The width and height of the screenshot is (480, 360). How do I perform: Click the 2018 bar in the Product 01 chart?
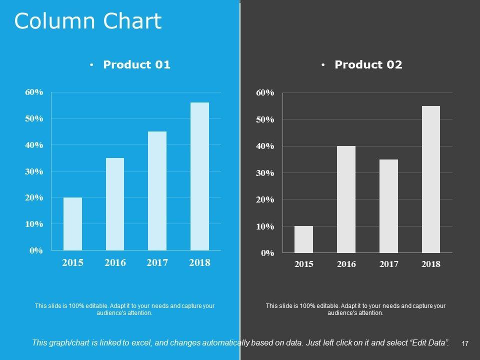pyautogui.click(x=199, y=176)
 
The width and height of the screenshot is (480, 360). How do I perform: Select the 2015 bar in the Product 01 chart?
pyautogui.click(x=72, y=223)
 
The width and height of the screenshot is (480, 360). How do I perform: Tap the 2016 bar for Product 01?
pyautogui.click(x=115, y=204)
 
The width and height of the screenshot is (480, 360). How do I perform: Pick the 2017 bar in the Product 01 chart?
pyautogui.click(x=157, y=190)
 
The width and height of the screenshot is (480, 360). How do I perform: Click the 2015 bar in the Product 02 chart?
pyautogui.click(x=303, y=239)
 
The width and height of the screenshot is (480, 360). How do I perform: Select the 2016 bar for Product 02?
pyautogui.click(x=346, y=199)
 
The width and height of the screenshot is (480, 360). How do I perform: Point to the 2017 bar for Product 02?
pyautogui.click(x=388, y=206)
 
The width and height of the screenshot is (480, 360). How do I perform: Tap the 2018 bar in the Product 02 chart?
pyautogui.click(x=431, y=179)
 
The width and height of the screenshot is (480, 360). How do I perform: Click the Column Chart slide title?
pyautogui.click(x=88, y=21)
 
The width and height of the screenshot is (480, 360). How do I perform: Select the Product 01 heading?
pyautogui.click(x=136, y=64)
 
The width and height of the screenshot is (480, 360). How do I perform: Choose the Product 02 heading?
pyautogui.click(x=368, y=64)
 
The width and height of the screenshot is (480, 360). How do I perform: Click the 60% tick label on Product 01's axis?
pyautogui.click(x=34, y=92)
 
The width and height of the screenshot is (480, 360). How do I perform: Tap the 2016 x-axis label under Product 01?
pyautogui.click(x=115, y=262)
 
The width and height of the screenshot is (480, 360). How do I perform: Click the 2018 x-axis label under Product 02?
pyautogui.click(x=431, y=264)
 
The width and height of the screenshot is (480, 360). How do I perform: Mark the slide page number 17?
pyautogui.click(x=464, y=343)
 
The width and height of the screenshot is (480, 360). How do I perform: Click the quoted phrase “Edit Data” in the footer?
pyautogui.click(x=428, y=343)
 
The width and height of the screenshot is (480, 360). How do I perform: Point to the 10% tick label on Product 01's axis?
pyautogui.click(x=34, y=224)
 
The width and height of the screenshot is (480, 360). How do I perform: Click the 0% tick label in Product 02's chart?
pyautogui.click(x=268, y=253)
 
